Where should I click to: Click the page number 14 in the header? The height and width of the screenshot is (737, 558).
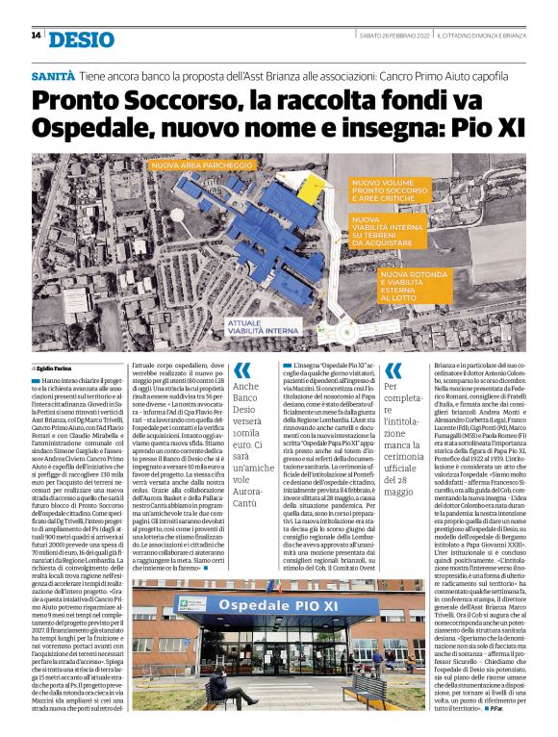[x=36, y=36]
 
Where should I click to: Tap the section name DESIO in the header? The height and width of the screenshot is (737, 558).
[x=79, y=38]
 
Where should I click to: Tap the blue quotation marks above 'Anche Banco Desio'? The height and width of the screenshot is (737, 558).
[x=243, y=368]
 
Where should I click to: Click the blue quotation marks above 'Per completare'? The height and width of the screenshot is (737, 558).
[x=393, y=369]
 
